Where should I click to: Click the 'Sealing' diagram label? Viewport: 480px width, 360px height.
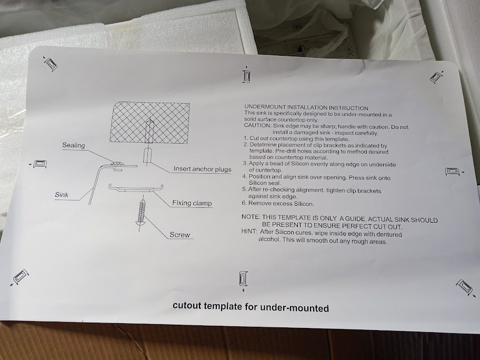coord(74,145)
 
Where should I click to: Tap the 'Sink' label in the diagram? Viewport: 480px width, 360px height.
coord(62,195)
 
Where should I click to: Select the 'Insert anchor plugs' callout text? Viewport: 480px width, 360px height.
coord(202,168)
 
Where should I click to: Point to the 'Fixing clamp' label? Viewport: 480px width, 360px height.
coord(192,203)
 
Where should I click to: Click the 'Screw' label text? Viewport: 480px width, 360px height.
coord(179,235)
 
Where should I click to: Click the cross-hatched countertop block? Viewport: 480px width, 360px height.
coord(149,123)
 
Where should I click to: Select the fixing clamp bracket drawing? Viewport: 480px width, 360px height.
coord(136,188)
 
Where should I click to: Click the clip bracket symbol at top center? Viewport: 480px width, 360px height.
coord(246,75)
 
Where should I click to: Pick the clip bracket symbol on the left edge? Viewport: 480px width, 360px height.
coord(38,164)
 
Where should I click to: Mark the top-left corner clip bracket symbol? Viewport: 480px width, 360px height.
coord(50,64)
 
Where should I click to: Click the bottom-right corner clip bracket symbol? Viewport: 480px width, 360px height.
coord(465,288)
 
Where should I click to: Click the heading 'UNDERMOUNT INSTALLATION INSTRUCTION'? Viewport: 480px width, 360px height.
coord(306,107)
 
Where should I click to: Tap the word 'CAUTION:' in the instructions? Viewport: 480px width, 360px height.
coord(257,125)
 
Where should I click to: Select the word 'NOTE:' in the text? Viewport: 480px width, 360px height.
coord(251,217)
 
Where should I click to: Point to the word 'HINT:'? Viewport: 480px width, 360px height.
coord(249,232)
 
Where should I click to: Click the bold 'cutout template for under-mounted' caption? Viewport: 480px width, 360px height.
coord(251,307)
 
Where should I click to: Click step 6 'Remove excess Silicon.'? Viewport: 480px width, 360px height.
coord(278,203)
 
